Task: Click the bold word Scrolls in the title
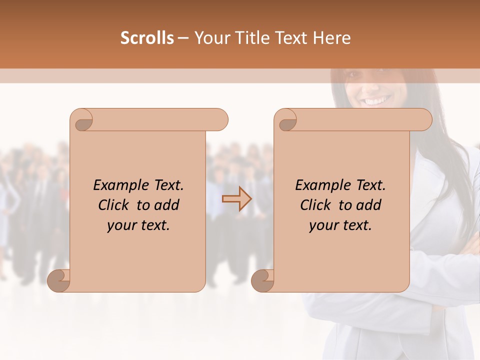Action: [x=147, y=38]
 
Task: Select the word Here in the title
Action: [x=331, y=38]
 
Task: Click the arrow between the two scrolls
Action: [x=237, y=199]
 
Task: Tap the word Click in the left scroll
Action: [x=114, y=205]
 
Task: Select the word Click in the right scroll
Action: [x=316, y=205]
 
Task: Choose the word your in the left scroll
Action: [x=121, y=225]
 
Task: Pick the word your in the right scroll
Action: [x=323, y=225]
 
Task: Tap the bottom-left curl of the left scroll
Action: [x=59, y=280]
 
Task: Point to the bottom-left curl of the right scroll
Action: [x=263, y=280]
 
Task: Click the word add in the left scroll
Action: [x=166, y=205]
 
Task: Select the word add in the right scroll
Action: [x=368, y=205]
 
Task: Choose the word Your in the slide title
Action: [x=209, y=38]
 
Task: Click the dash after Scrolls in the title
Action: [x=183, y=38]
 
